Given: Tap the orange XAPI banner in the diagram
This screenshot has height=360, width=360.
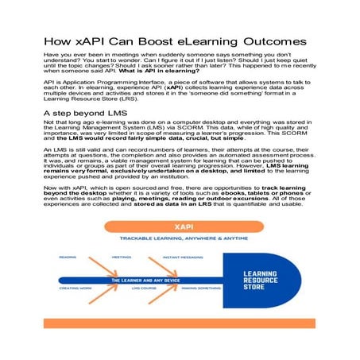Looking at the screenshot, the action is [x=179, y=226].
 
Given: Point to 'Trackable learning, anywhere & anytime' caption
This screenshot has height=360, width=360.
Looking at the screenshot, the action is [x=179, y=238].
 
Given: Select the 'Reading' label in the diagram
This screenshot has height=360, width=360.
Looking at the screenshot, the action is [x=68, y=257].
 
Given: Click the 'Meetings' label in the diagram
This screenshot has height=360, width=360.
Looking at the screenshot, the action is [x=121, y=257].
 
